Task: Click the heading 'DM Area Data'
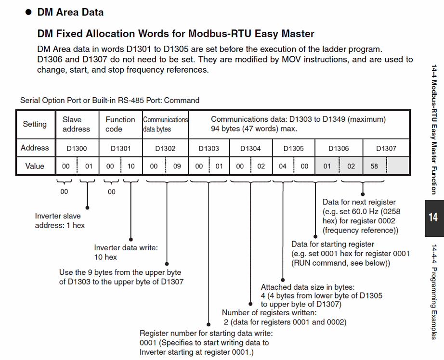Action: click(70, 12)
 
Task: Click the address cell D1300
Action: click(77, 149)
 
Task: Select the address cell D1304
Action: click(250, 149)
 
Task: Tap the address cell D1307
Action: click(386, 149)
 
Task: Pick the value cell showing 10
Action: click(131, 167)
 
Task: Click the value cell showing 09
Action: click(177, 167)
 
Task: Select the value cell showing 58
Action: click(375, 167)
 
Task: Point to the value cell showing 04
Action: click(283, 167)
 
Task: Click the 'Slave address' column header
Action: click(76, 124)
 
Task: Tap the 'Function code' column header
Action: click(120, 124)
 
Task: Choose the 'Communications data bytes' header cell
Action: click(165, 124)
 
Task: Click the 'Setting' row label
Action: click(35, 124)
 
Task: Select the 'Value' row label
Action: click(35, 167)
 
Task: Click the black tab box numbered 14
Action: click(433, 217)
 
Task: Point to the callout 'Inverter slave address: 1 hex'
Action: click(60, 220)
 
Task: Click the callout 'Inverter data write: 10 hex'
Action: click(126, 252)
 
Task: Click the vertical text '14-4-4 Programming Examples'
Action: click(434, 292)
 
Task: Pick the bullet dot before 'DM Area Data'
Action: click(28, 13)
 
